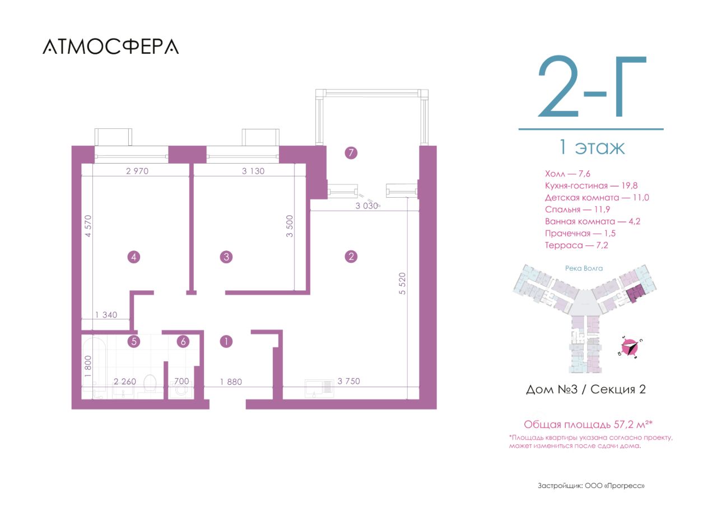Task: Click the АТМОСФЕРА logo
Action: click(110, 46)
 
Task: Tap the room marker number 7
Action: click(351, 153)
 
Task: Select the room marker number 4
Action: click(134, 257)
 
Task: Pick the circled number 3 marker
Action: click(226, 257)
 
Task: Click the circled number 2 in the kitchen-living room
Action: click(351, 257)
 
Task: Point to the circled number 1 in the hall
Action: click(226, 342)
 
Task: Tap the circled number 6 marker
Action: click(183, 342)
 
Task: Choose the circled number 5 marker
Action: click(134, 342)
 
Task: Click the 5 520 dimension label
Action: click(402, 283)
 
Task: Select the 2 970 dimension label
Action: click(137, 171)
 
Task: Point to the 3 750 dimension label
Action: click(348, 381)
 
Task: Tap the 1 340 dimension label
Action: click(106, 315)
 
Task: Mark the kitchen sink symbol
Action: click(319, 388)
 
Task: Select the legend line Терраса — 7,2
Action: click(576, 245)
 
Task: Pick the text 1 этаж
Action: click(592, 147)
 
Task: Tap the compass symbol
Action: click(629, 347)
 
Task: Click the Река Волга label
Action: click(584, 268)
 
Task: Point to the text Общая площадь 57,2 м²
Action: click(588, 425)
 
